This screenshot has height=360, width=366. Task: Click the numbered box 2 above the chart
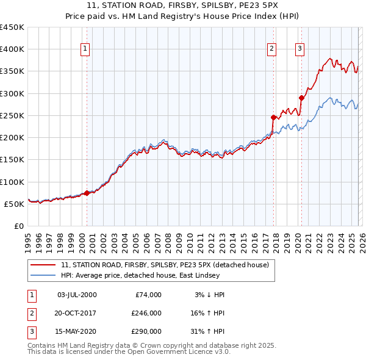[x=271, y=49]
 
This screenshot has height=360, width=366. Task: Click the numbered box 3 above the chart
[x=300, y=49]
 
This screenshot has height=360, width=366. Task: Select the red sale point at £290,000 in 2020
[x=301, y=98]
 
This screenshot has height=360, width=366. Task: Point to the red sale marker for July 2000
[x=87, y=193]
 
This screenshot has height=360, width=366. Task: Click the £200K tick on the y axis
[x=12, y=138]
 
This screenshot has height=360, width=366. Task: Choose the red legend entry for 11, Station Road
[x=168, y=265]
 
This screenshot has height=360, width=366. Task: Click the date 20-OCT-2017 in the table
[x=76, y=313]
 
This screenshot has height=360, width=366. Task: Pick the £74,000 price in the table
[x=146, y=295]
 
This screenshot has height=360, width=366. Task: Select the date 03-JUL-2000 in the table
[x=76, y=295]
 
